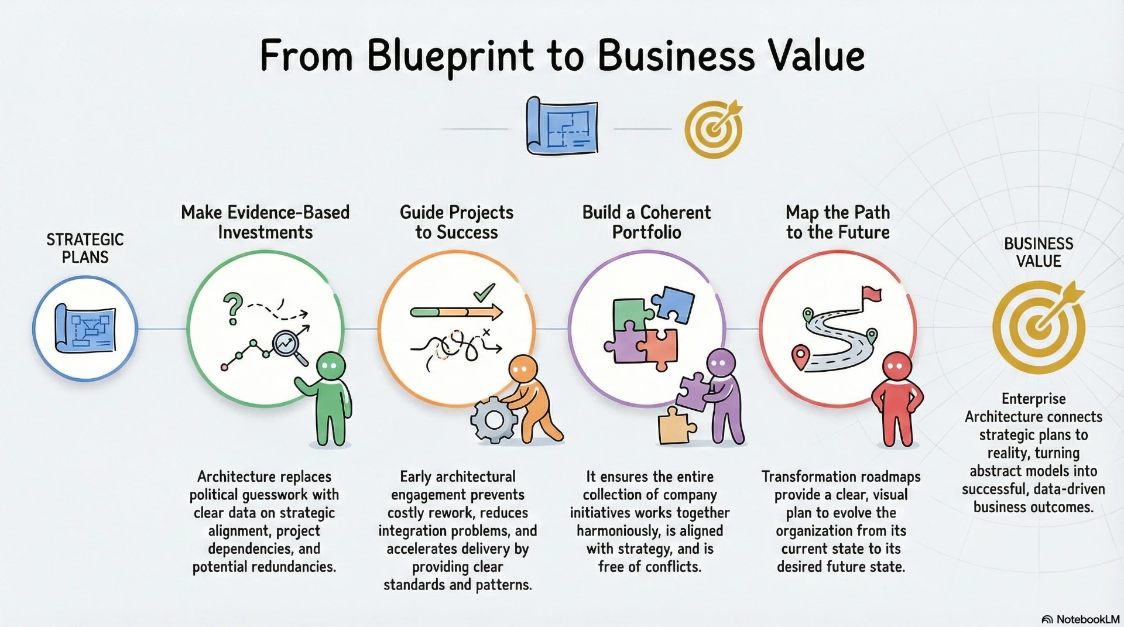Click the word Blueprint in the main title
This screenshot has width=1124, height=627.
[450, 57]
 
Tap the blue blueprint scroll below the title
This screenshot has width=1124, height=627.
[562, 126]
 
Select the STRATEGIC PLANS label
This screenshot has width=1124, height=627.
[85, 248]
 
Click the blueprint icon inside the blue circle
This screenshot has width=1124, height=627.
[85, 328]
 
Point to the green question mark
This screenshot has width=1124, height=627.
[233, 309]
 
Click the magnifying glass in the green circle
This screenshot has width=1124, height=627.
[290, 348]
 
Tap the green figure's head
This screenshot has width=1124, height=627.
[331, 366]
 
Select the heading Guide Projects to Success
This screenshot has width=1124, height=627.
[457, 222]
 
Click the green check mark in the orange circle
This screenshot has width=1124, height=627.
[484, 292]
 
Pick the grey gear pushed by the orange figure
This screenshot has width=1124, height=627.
[494, 419]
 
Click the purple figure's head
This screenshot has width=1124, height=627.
[721, 363]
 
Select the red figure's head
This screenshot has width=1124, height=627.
[896, 367]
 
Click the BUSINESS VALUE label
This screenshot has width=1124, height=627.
[1039, 252]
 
